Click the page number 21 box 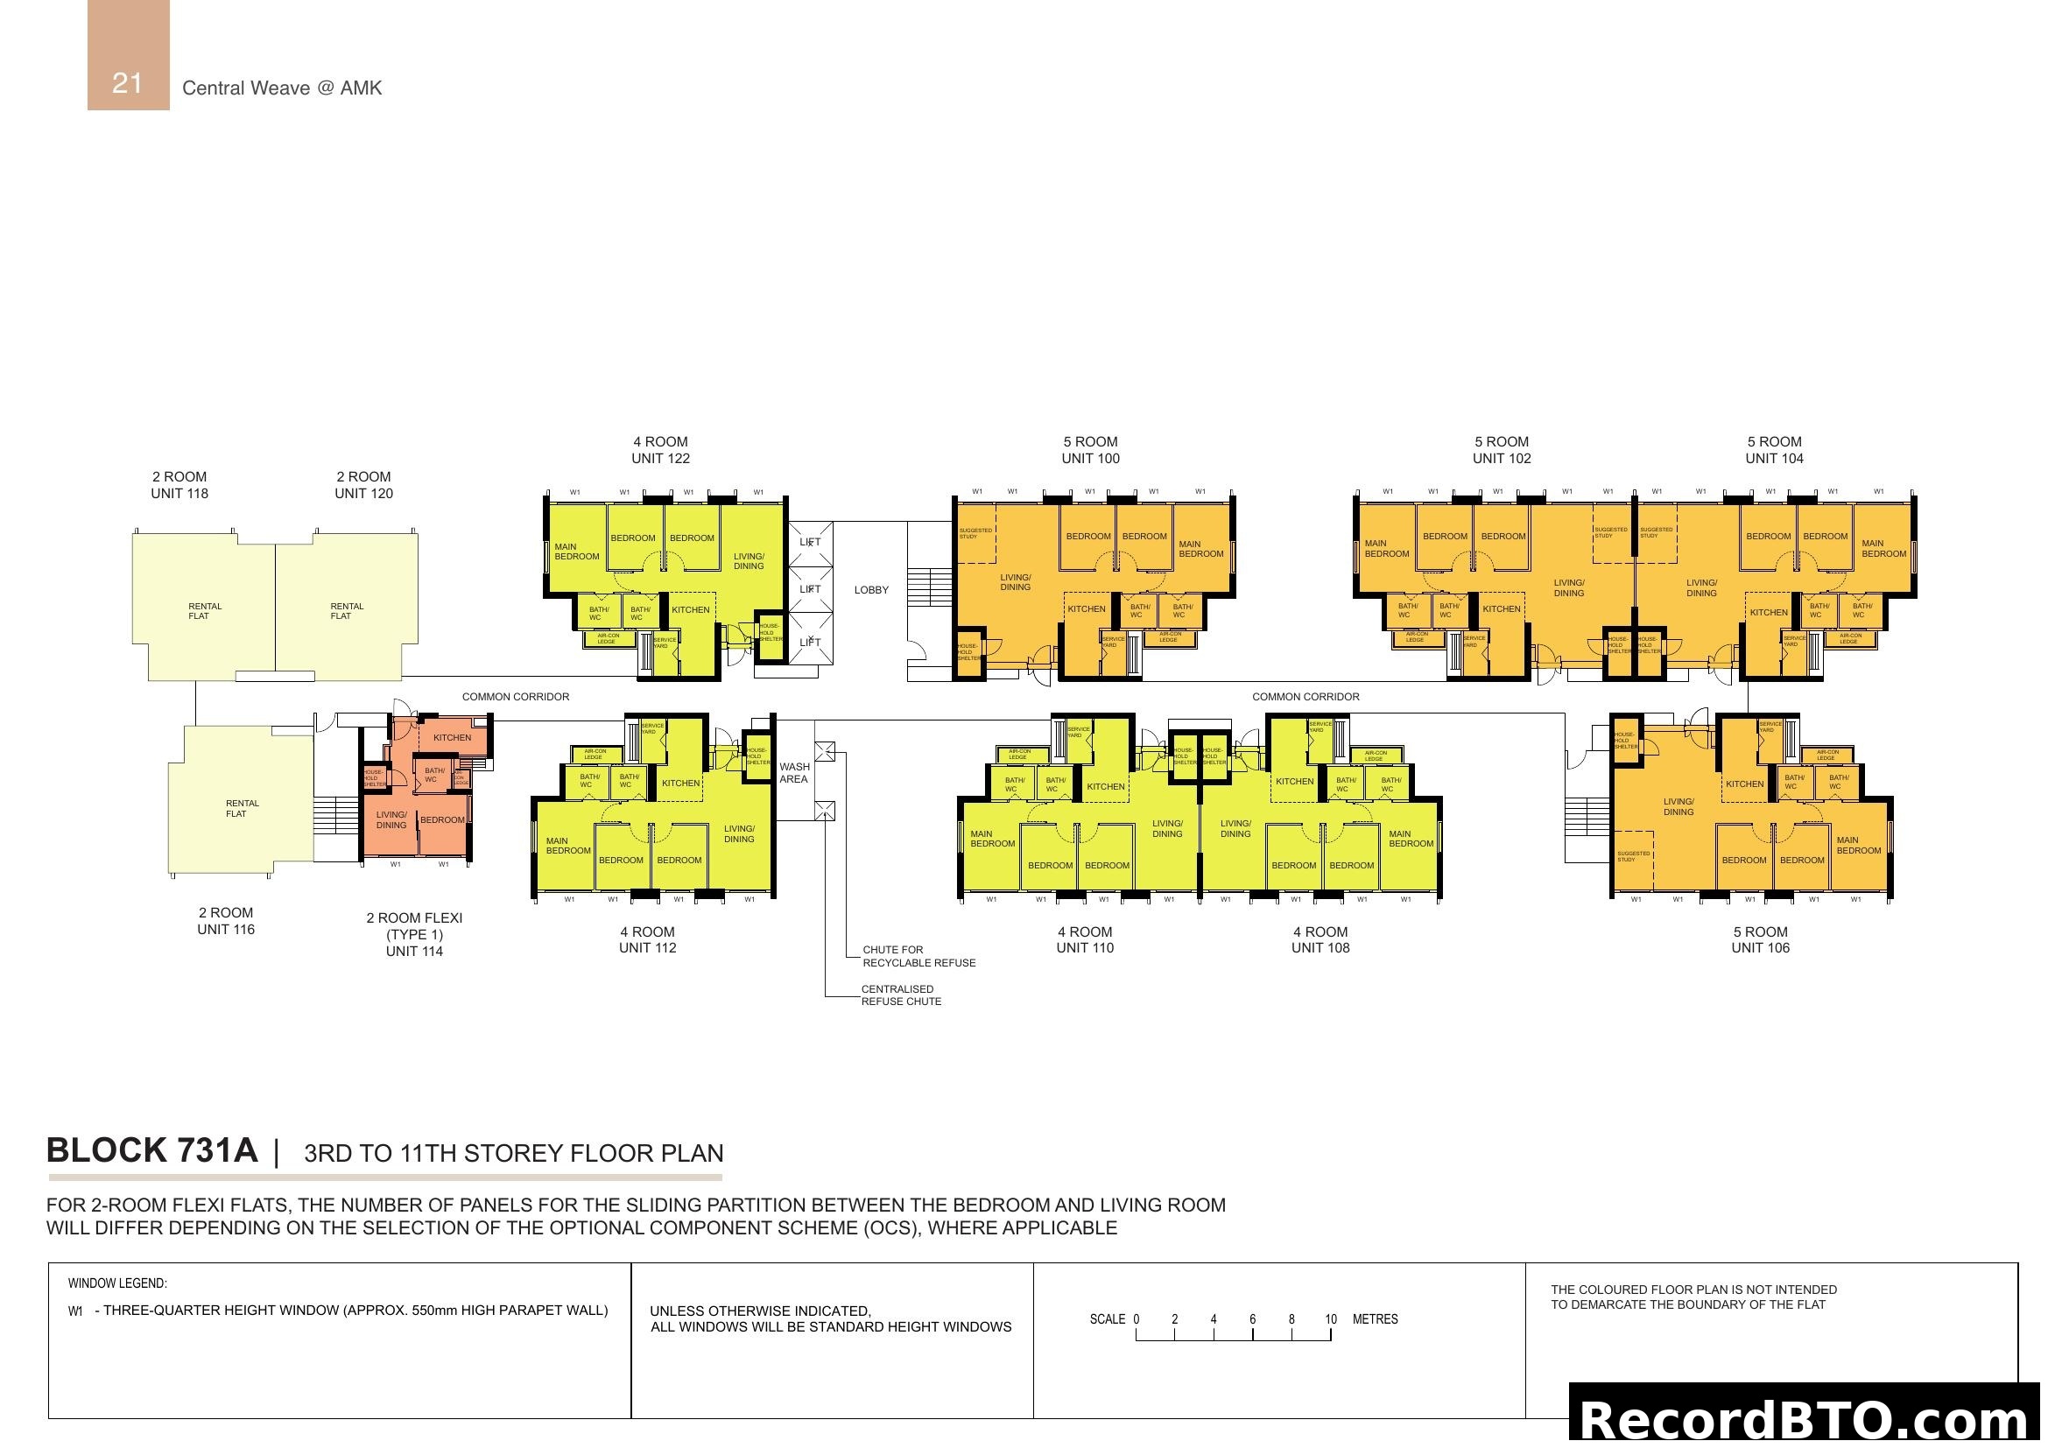click(128, 55)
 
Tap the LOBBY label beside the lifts click(870, 590)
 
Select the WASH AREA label click(794, 773)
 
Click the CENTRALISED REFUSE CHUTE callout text click(900, 995)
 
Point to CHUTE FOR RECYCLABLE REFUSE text click(918, 956)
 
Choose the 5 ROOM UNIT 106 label click(1760, 939)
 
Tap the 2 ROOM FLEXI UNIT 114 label click(414, 933)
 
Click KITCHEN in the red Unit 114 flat click(452, 737)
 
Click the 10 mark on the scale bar click(1330, 1319)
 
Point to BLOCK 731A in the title click(151, 1150)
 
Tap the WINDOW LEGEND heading click(116, 1284)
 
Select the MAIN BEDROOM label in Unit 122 click(576, 552)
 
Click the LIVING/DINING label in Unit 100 click(1014, 582)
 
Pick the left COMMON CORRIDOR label click(515, 697)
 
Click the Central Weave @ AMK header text click(282, 88)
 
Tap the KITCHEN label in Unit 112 click(679, 784)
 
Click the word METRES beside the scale click(1375, 1319)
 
